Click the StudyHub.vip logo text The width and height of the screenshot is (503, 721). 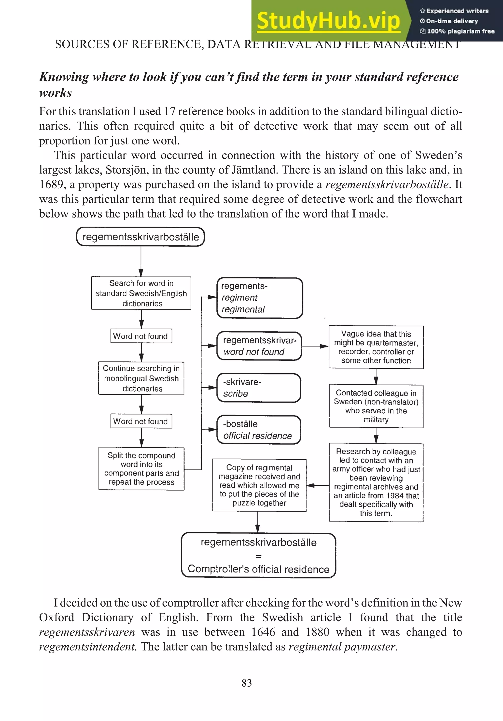[x=328, y=21]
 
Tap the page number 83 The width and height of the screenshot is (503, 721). [x=247, y=683]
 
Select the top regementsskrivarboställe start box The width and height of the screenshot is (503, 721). [x=140, y=237]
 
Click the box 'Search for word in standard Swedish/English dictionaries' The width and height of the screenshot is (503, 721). [x=141, y=293]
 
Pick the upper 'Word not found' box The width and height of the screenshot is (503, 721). [x=141, y=336]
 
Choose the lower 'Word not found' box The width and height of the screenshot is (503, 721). [x=141, y=421]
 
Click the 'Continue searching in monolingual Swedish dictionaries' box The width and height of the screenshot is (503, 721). [x=141, y=378]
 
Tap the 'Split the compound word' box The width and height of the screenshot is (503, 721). [x=141, y=469]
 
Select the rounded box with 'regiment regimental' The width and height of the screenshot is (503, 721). [x=260, y=298]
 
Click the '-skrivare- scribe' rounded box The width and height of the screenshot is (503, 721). [x=259, y=388]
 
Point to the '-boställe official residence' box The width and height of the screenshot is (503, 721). [x=259, y=430]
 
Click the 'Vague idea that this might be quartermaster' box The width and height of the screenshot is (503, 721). [x=376, y=347]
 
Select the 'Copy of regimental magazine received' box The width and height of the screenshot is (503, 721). [x=259, y=485]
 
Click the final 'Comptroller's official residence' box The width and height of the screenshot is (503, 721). [x=259, y=556]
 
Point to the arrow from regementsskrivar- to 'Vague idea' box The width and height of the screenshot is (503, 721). [x=315, y=346]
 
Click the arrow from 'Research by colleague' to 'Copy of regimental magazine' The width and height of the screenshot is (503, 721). [x=318, y=486]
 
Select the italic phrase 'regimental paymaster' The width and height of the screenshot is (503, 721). [x=343, y=647]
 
